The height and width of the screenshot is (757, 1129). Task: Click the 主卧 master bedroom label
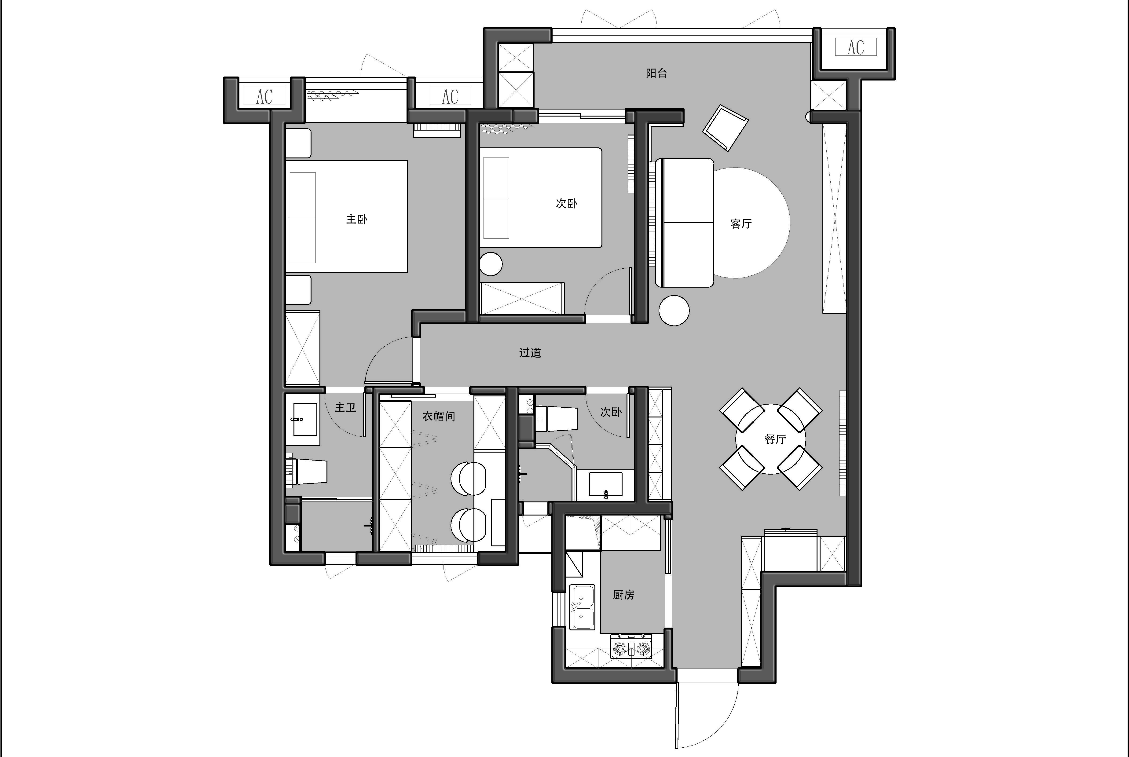pos(357,219)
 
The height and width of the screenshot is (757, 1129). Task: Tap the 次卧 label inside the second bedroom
pos(566,203)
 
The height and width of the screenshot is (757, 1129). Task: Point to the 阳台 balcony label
pos(656,73)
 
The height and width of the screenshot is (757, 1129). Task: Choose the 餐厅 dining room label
pos(775,439)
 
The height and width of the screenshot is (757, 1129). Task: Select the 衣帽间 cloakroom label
pos(438,416)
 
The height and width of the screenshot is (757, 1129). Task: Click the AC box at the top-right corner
pos(856,47)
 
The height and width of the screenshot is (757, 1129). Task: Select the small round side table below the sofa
pos(674,311)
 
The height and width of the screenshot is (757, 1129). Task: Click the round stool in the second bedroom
pos(491,264)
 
